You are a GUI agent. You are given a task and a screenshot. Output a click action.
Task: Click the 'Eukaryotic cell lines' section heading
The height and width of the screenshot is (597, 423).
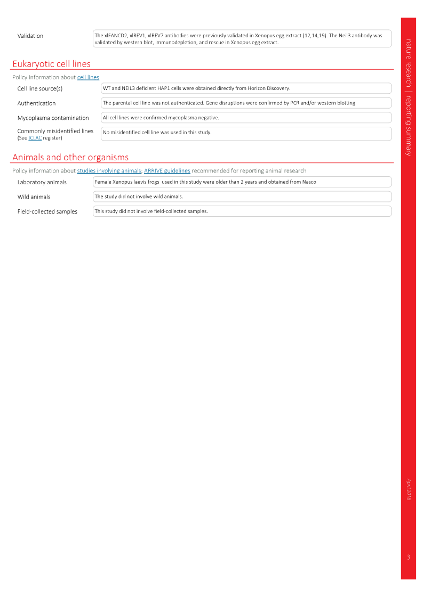coord(52,64)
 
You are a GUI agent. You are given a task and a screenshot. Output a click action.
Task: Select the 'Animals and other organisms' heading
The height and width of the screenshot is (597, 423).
coord(70,157)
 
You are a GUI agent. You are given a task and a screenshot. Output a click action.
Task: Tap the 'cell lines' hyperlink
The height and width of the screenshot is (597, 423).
coord(88,77)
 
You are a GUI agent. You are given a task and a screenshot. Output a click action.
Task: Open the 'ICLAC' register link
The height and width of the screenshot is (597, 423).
coord(35,138)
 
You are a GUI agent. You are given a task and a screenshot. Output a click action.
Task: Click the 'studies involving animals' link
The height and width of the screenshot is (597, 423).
coord(109,170)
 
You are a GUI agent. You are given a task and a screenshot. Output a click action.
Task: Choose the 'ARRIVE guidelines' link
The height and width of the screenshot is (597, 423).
coord(167,170)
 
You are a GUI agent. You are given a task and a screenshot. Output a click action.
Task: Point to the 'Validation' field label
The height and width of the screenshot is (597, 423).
coord(30,36)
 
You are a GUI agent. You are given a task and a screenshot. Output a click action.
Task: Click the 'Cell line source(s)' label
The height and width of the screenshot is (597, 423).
coord(39,88)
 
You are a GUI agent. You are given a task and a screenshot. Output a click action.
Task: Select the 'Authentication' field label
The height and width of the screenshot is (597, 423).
coord(36,103)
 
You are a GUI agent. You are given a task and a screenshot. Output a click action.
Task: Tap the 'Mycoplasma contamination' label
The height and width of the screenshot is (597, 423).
coord(53,118)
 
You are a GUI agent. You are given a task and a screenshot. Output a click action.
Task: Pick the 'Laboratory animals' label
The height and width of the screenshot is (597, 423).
coord(42,182)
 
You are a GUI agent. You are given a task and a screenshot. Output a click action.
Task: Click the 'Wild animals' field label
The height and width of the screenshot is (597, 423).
coord(34,197)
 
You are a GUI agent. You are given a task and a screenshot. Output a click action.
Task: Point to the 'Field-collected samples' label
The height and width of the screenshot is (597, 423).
coord(47,211)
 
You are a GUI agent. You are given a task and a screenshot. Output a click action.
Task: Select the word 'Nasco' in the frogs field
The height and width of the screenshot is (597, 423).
coord(309,182)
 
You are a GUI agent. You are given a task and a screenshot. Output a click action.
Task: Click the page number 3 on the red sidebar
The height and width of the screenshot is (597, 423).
coord(409,557)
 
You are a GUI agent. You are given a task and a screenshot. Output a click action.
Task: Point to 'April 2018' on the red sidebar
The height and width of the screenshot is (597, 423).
coord(409,489)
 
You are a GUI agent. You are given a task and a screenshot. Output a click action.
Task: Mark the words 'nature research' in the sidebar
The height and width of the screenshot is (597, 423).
coord(409,63)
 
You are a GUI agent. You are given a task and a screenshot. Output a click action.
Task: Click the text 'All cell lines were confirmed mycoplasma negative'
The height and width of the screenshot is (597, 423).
coord(161,118)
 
